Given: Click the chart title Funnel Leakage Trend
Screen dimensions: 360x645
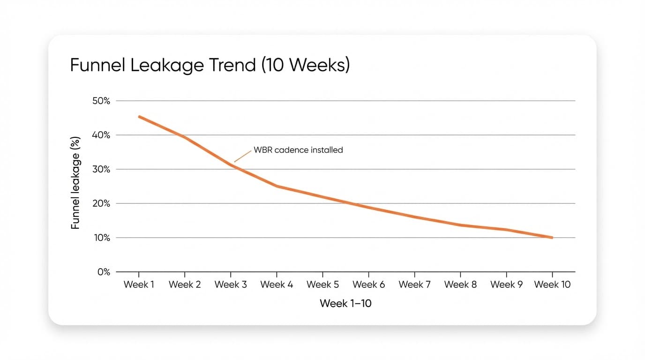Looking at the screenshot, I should click(210, 65).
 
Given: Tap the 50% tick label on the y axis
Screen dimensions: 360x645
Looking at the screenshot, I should click(100, 101).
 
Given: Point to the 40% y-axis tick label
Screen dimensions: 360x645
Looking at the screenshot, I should click(100, 135).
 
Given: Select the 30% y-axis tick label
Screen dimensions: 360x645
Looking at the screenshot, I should click(100, 169).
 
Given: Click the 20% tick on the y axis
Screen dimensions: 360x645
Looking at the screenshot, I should click(100, 203).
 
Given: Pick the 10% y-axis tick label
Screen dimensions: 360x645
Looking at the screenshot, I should click(100, 238).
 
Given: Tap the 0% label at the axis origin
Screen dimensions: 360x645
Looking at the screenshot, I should click(103, 272).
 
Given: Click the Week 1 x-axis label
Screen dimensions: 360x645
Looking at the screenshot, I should click(139, 285).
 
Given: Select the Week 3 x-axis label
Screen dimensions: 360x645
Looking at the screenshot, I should click(231, 285).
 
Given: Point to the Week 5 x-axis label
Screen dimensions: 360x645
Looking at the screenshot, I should click(322, 285).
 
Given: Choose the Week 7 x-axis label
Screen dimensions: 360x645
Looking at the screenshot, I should click(414, 285).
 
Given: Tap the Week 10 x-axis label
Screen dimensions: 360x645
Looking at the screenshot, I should click(552, 285).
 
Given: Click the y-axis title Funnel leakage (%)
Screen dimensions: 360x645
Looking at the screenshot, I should click(75, 183).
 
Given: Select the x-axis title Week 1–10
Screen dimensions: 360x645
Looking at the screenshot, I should click(345, 303).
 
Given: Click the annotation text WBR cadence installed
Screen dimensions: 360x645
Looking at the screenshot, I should click(298, 150).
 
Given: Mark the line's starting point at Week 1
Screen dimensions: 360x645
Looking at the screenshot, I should click(139, 116).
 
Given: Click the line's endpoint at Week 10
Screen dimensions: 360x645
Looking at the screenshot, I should click(552, 238).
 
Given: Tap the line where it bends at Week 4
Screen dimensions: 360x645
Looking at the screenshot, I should click(277, 186).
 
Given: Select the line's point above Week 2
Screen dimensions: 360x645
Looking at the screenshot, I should click(185, 137).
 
